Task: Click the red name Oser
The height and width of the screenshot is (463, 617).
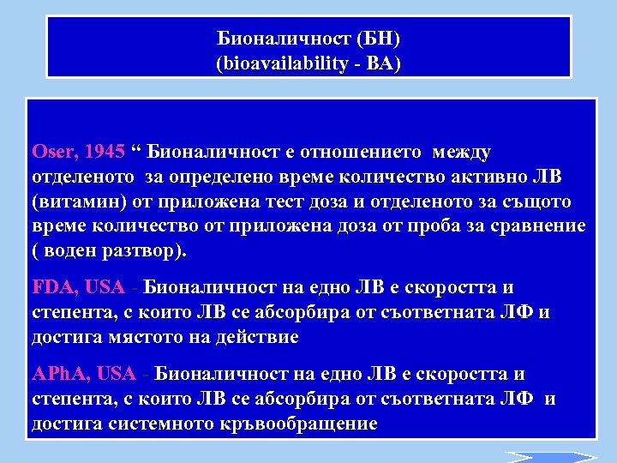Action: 54,153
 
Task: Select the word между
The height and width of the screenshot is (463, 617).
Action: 462,153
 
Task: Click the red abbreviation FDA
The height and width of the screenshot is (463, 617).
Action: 52,288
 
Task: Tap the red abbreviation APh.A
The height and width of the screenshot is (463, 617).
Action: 59,375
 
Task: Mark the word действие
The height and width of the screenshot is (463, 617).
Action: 258,337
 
